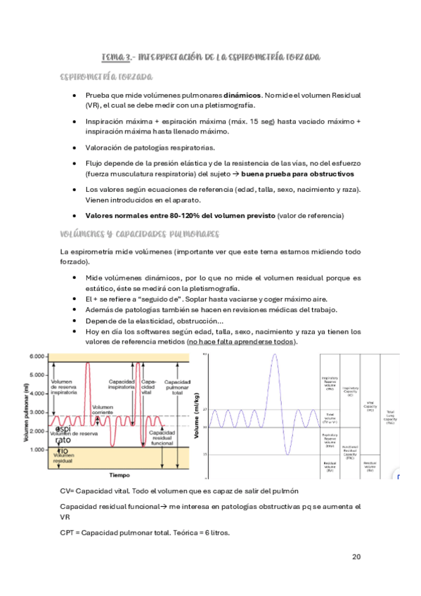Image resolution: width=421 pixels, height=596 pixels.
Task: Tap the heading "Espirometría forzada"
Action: tap(107, 76)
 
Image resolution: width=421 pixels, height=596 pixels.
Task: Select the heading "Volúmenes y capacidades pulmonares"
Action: tap(141, 233)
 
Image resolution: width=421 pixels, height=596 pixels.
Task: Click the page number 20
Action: tap(356, 557)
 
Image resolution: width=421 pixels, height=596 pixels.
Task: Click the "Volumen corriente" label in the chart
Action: tap(103, 410)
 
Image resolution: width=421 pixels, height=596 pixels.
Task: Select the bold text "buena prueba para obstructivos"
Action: tap(299, 174)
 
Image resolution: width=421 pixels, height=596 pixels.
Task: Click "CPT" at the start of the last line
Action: tap(68, 532)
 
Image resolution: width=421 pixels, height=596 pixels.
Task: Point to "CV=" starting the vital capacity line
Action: tap(69, 491)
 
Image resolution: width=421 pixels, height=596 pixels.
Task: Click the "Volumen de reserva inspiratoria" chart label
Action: tap(68, 385)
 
